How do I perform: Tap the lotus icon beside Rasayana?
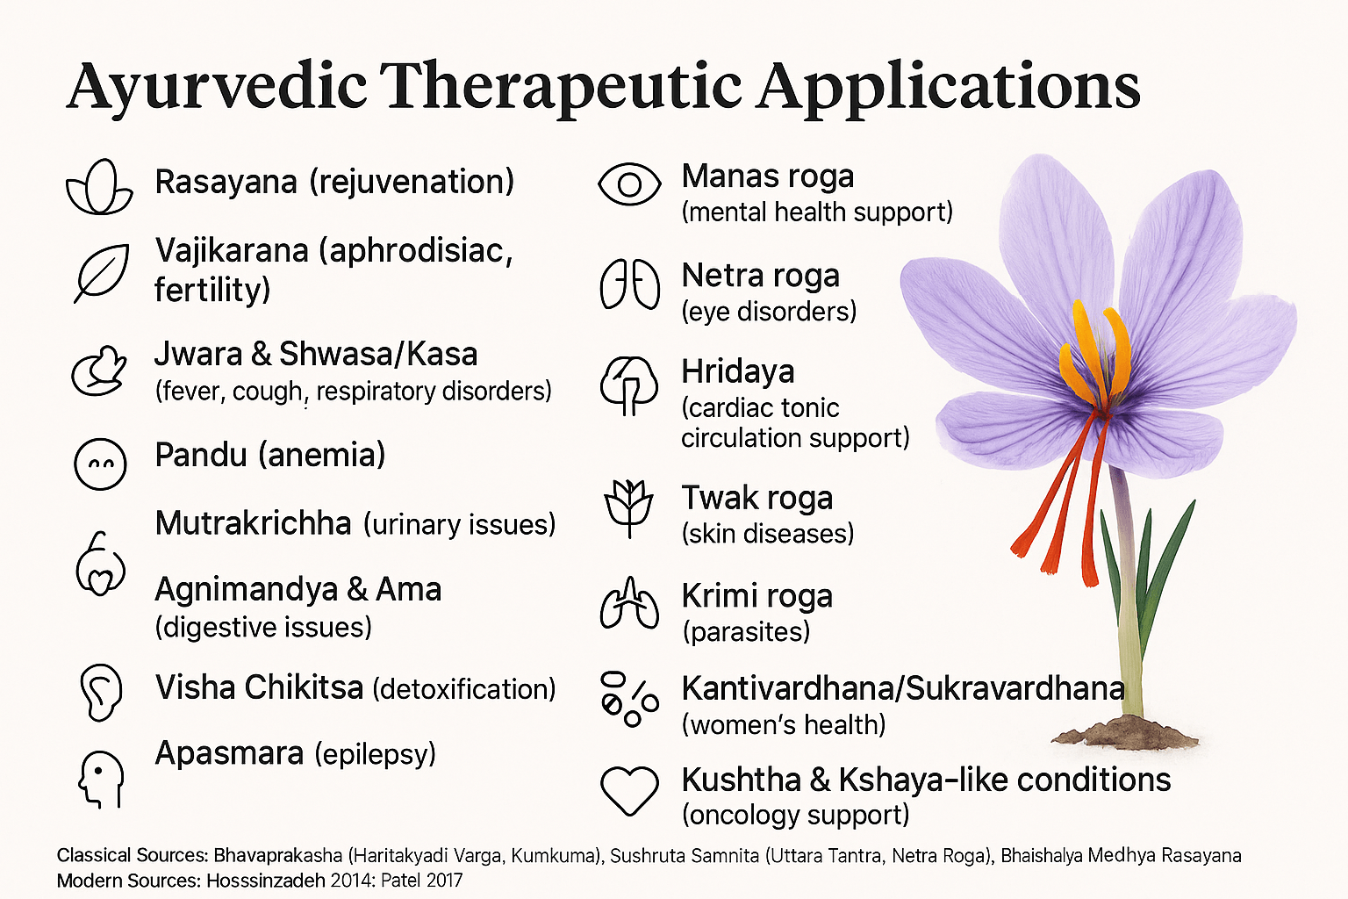tap(99, 187)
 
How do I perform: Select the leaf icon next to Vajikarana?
tap(101, 273)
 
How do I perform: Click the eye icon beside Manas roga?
tap(629, 184)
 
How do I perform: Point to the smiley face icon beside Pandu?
tap(100, 464)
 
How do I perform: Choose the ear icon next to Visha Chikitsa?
tap(101, 692)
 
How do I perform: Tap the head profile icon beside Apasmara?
tap(101, 779)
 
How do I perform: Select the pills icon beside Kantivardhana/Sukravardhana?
tap(629, 699)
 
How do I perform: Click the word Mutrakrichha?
tap(254, 522)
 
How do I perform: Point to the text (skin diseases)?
tap(768, 534)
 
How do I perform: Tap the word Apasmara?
tap(229, 752)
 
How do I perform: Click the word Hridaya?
tap(738, 372)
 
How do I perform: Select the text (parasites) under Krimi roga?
tap(746, 631)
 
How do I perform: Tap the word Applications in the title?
tap(950, 88)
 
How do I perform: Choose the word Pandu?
tap(201, 455)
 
